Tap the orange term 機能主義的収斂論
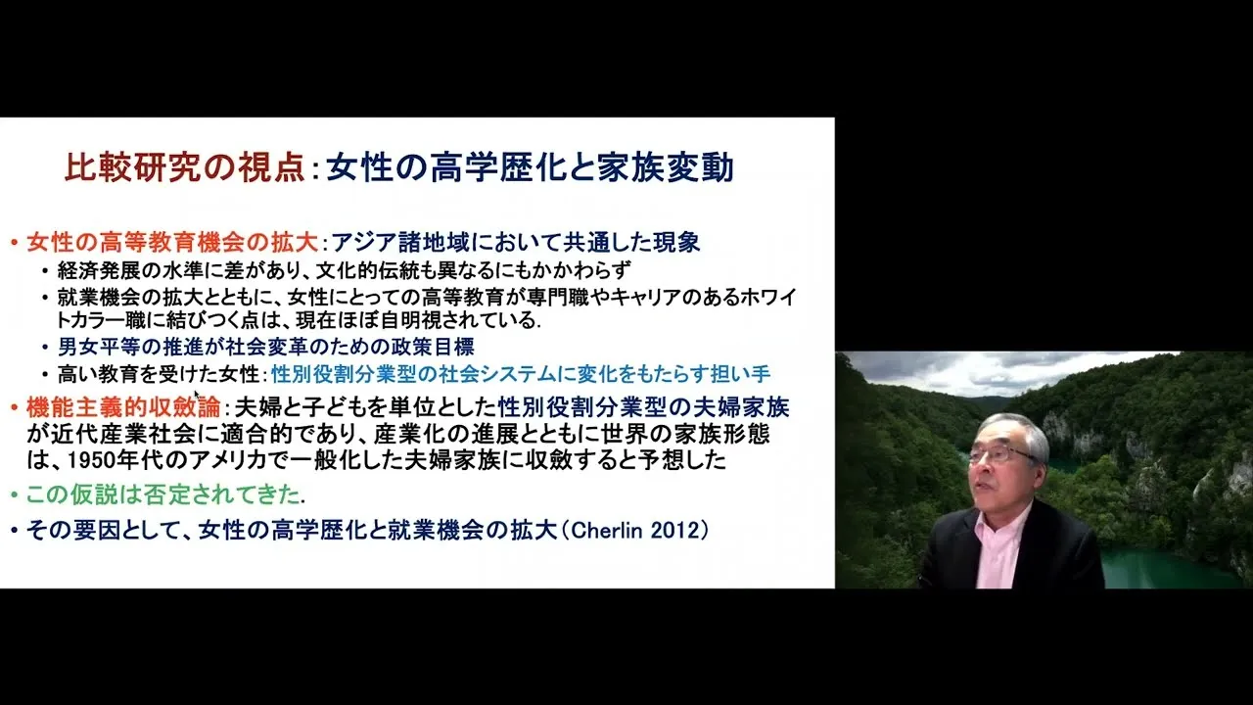tap(123, 407)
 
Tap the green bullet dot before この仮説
tap(15, 495)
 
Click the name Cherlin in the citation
tap(607, 530)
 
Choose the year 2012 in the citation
tap(675, 530)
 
